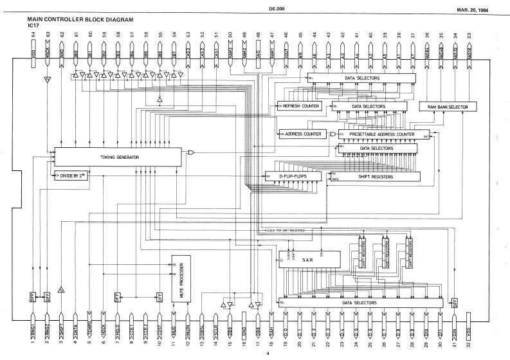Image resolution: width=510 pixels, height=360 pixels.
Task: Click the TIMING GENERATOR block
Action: (116, 157)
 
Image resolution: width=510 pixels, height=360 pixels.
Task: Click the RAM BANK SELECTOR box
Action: (447, 106)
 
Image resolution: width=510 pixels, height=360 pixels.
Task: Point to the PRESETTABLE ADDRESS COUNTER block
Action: (383, 134)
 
